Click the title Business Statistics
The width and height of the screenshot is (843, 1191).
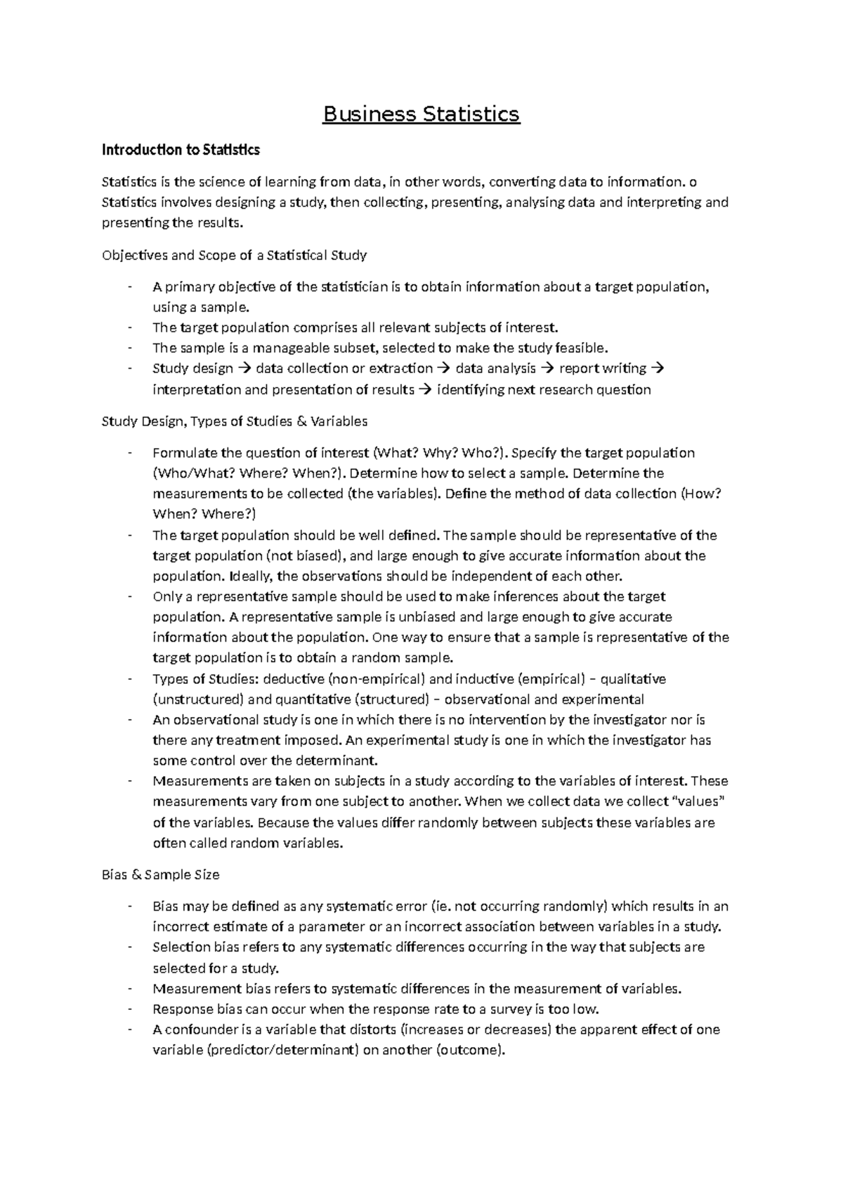click(x=421, y=114)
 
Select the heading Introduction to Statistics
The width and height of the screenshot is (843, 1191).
click(x=181, y=150)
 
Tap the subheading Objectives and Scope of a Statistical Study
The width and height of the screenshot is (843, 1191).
click(x=234, y=256)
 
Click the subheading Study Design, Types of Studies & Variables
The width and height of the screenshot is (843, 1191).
click(x=235, y=421)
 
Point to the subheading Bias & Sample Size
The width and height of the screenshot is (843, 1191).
click(x=161, y=875)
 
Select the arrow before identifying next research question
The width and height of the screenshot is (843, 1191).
click(x=426, y=390)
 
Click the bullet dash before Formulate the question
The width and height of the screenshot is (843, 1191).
click(x=130, y=453)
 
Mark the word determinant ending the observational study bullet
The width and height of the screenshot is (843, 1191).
click(x=334, y=761)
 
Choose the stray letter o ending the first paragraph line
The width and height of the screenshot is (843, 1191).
click(x=693, y=183)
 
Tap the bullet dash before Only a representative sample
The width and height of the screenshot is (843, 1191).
click(x=130, y=597)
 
